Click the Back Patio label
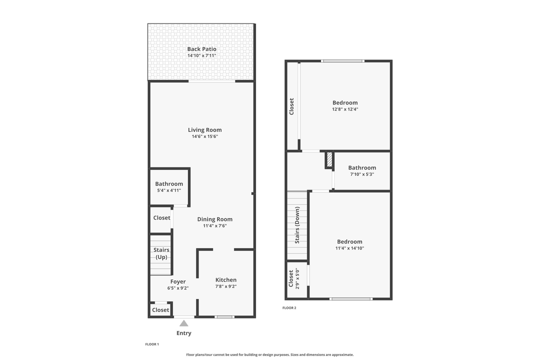click(201, 49)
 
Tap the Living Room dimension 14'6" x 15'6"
click(205, 136)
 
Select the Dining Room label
click(214, 219)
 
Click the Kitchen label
click(226, 280)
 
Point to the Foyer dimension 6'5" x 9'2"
click(178, 288)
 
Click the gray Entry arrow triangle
click(184, 323)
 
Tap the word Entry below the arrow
click(184, 333)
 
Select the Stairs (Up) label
click(161, 253)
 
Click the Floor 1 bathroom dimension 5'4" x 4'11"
click(169, 190)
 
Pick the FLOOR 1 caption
click(151, 344)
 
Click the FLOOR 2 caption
click(289, 308)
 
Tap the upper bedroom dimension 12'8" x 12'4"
click(345, 109)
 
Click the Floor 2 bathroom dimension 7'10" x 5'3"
click(362, 174)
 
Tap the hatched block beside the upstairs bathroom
click(329, 160)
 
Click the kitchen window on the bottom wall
click(224, 316)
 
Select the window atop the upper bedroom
click(342, 61)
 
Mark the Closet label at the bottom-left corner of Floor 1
click(160, 310)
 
